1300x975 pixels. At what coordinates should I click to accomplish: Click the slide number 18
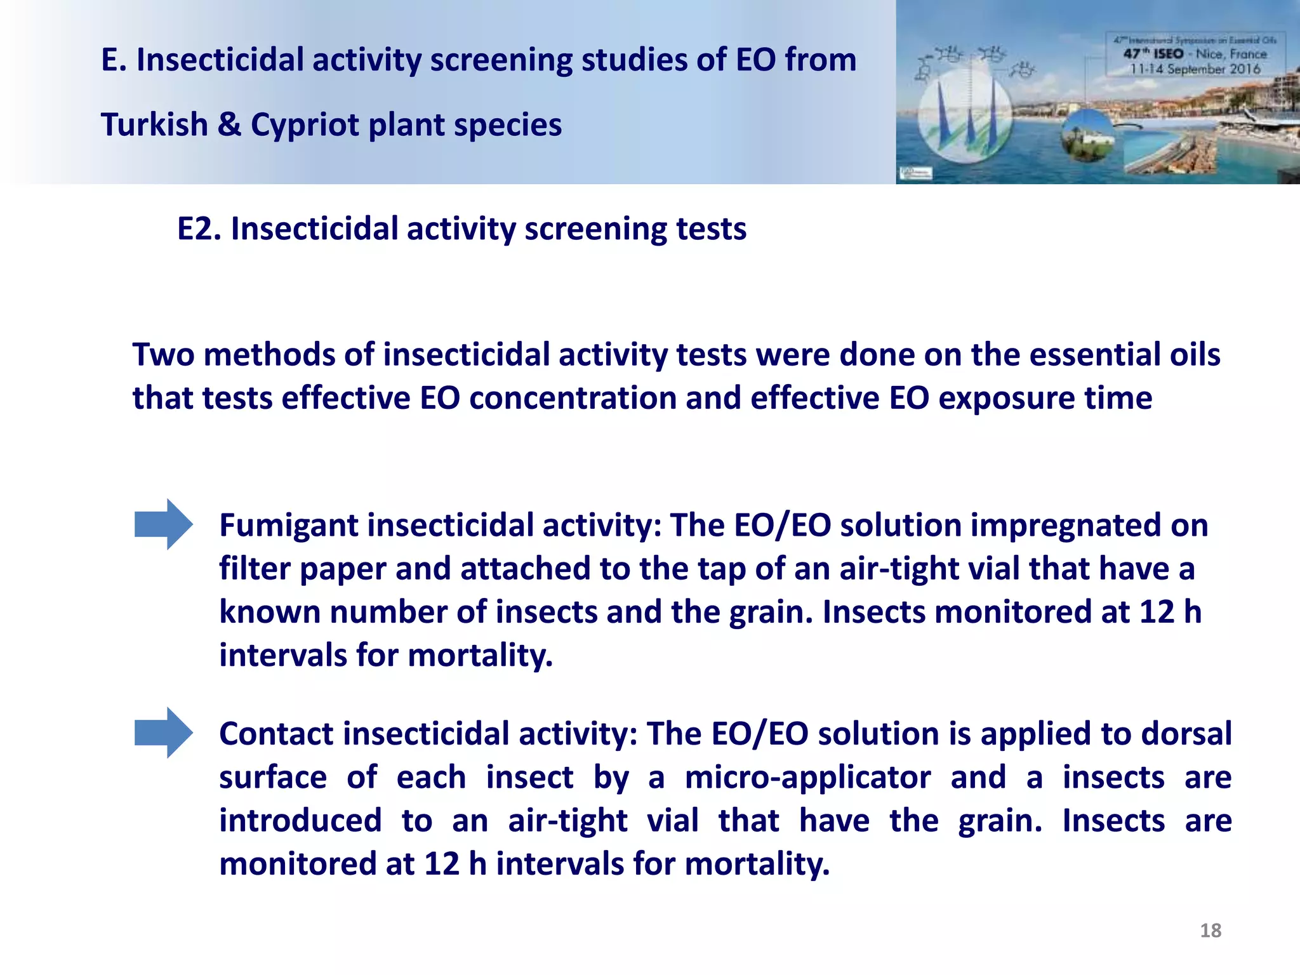[x=1210, y=931]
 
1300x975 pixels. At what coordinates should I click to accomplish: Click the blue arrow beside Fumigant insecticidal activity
[x=163, y=524]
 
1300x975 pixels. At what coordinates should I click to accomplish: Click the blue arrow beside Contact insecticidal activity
[x=163, y=733]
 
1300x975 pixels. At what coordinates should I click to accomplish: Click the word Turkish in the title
[x=154, y=125]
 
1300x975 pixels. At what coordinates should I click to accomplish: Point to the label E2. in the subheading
[x=199, y=229]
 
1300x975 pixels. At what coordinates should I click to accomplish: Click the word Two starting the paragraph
[x=163, y=355]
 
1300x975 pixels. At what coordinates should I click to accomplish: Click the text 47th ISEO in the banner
[x=1153, y=54]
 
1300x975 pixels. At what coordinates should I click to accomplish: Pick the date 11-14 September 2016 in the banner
[x=1195, y=69]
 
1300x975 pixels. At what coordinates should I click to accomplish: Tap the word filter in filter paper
[x=254, y=569]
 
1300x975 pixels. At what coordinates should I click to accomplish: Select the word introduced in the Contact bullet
[x=300, y=821]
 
